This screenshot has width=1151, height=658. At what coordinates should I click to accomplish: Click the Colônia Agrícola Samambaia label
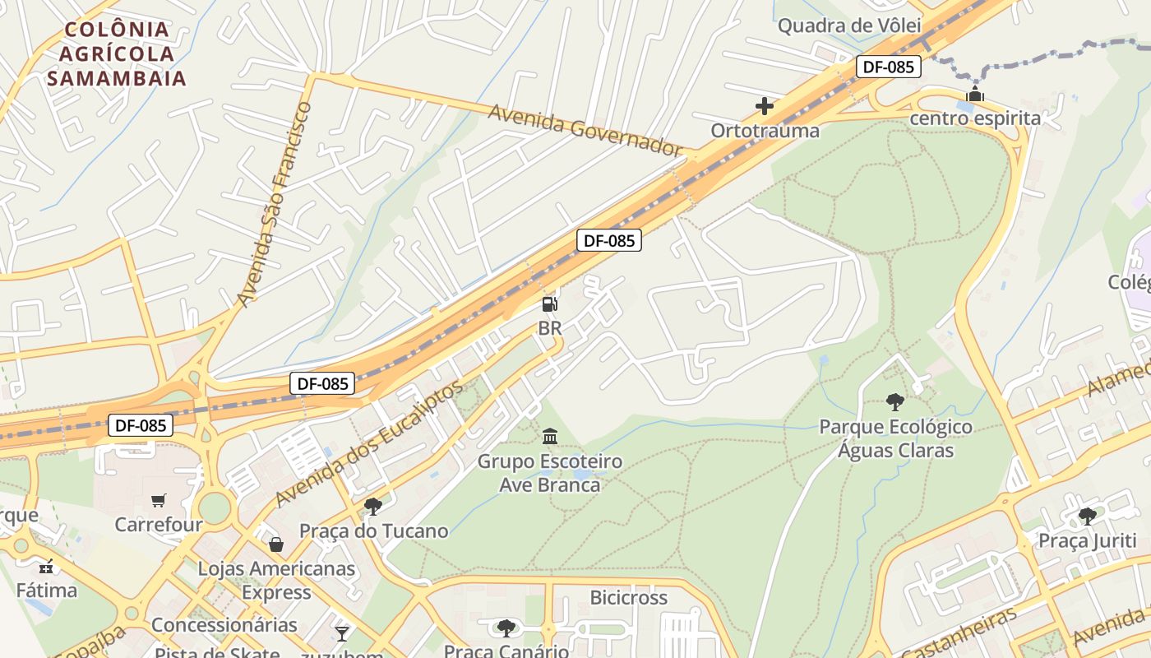pos(117,54)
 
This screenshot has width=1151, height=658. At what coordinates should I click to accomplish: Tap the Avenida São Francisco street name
pos(274,204)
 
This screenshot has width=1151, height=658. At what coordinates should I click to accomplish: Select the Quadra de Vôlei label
pos(849,25)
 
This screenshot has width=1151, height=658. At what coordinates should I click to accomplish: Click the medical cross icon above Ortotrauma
pos(765,106)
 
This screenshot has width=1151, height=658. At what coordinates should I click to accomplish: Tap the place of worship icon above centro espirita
pos(975,94)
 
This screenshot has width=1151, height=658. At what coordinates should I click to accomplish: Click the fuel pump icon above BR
pos(549,304)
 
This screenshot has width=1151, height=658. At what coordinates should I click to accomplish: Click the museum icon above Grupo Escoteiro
pos(550,436)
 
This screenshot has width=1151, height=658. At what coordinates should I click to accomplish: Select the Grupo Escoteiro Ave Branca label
pos(550,473)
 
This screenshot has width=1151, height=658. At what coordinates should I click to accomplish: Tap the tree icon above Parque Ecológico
pos(895,402)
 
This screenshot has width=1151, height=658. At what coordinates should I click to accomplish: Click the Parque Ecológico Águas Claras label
pos(895,438)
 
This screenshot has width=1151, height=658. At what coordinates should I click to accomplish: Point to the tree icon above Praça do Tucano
pos(373,506)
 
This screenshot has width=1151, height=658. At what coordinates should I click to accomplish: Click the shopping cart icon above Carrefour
pos(159,500)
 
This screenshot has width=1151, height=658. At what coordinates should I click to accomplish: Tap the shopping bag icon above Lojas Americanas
pos(276,544)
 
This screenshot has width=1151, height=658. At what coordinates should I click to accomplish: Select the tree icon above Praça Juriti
pos(1087,516)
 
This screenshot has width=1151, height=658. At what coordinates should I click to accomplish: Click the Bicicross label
pos(629,598)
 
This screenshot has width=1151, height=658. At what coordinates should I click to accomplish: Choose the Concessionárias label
pos(224,625)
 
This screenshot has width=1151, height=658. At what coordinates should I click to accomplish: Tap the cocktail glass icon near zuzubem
pos(342,633)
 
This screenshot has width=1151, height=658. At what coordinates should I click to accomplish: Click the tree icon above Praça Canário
pos(506,628)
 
